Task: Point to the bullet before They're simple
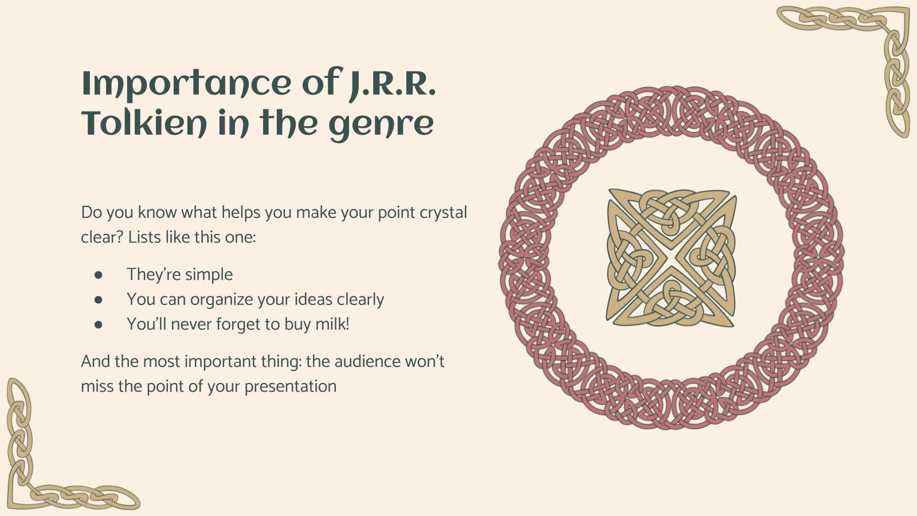click(x=98, y=275)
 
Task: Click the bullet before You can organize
click(x=98, y=300)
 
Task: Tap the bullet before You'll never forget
click(x=98, y=325)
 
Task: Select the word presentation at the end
click(x=290, y=387)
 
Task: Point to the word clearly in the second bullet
click(x=360, y=300)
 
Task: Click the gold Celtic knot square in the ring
click(x=671, y=258)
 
